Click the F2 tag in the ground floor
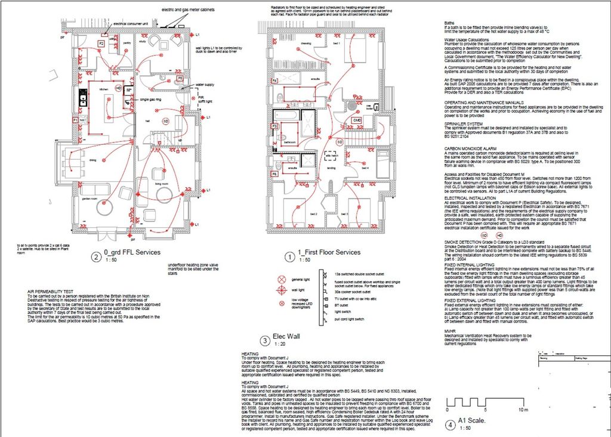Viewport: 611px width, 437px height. pyautogui.click(x=101, y=44)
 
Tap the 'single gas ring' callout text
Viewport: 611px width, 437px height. pyautogui.click(x=152, y=99)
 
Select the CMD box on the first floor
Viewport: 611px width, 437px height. pyautogui.click(x=357, y=120)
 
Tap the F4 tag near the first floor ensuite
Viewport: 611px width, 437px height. pyautogui.click(x=275, y=80)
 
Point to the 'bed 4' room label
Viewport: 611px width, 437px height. pyautogui.click(x=365, y=169)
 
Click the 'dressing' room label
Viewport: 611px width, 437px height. pyautogui.click(x=289, y=44)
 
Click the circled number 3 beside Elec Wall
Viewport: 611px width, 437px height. pyautogui.click(x=266, y=340)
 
